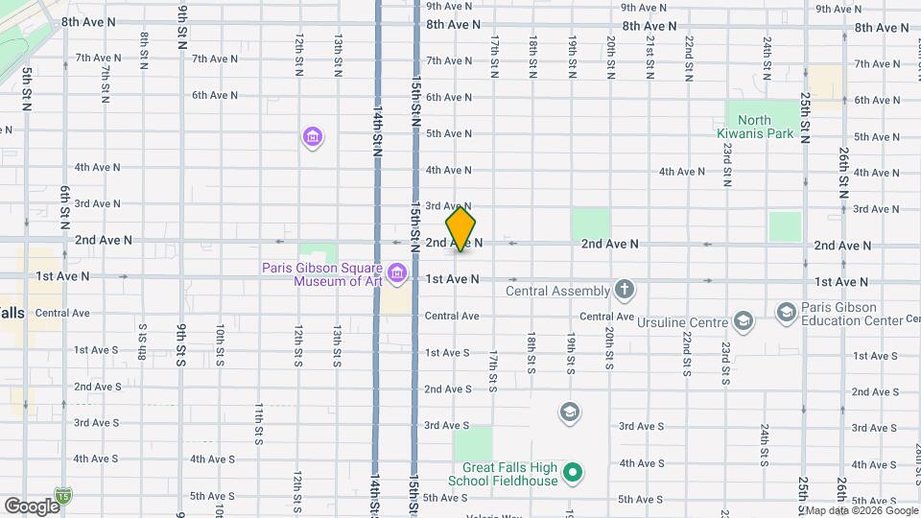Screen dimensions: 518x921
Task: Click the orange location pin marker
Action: (460, 229)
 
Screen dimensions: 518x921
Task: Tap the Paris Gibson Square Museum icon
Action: (396, 278)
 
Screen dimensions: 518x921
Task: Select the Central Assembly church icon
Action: (625, 291)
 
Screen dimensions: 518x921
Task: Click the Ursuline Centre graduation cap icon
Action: (743, 319)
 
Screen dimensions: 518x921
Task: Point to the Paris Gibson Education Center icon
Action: (787, 313)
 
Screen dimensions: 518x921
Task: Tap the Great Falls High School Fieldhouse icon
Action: (573, 472)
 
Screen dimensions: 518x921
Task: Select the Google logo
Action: (31, 506)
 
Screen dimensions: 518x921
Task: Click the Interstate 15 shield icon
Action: (63, 496)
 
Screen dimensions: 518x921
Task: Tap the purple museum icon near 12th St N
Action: (312, 138)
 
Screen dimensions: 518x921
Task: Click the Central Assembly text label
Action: (557, 291)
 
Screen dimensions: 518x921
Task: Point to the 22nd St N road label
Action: (688, 58)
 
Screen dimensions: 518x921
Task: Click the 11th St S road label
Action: (259, 424)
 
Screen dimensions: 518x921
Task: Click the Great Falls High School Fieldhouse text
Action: (504, 473)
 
